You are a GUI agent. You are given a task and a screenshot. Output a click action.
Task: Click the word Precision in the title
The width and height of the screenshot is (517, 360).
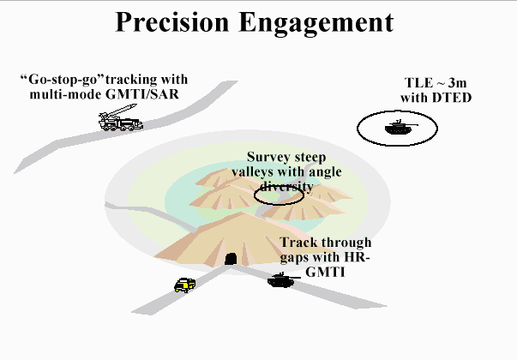172,21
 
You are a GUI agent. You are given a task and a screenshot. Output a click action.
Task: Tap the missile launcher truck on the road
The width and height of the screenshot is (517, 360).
121,118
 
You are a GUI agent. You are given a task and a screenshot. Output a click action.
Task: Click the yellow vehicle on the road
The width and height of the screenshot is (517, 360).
184,285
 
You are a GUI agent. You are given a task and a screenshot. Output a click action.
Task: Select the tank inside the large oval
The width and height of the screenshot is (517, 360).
400,127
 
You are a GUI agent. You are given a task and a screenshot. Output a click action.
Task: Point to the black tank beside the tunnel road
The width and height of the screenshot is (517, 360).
283,280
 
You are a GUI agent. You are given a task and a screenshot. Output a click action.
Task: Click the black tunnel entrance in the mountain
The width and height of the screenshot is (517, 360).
231,259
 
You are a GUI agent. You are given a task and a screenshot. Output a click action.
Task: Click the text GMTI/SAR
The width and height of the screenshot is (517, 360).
142,94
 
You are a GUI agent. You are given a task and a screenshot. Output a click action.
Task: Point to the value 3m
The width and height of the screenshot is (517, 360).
457,83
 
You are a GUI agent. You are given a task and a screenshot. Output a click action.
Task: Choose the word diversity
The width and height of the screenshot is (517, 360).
286,186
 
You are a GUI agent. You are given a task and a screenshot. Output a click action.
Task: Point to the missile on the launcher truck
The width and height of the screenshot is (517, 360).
122,110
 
